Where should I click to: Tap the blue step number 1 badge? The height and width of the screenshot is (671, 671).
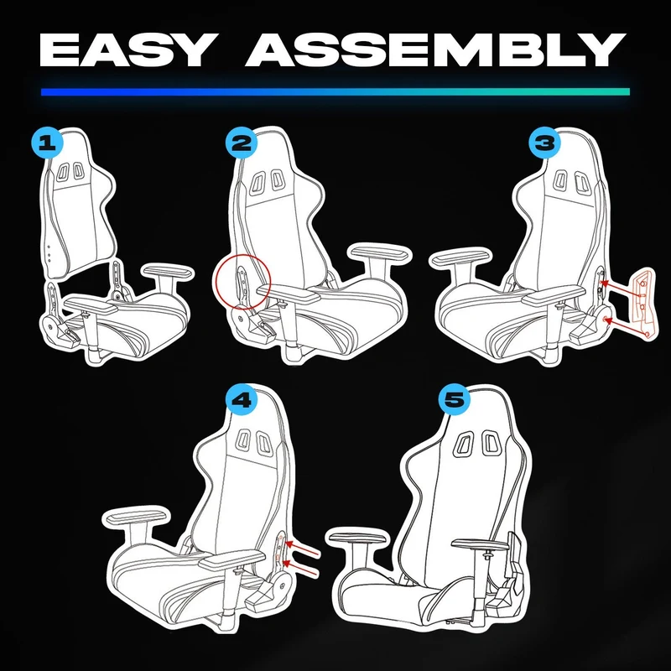pos(47,142)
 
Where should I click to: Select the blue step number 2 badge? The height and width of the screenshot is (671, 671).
pos(242,142)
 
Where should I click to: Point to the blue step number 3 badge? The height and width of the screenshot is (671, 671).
pos(544,142)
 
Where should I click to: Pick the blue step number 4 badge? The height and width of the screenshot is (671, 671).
pos(242,400)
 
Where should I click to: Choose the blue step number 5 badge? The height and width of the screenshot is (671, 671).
pos(455,400)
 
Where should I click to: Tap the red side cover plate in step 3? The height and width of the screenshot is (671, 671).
pos(644,303)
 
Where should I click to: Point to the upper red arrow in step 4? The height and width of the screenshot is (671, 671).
pos(302,549)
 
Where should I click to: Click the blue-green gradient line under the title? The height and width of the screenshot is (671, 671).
pos(335,91)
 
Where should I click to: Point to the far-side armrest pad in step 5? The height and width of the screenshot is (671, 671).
pos(359,536)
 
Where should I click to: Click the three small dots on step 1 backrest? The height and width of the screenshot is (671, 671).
pos(49,253)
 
